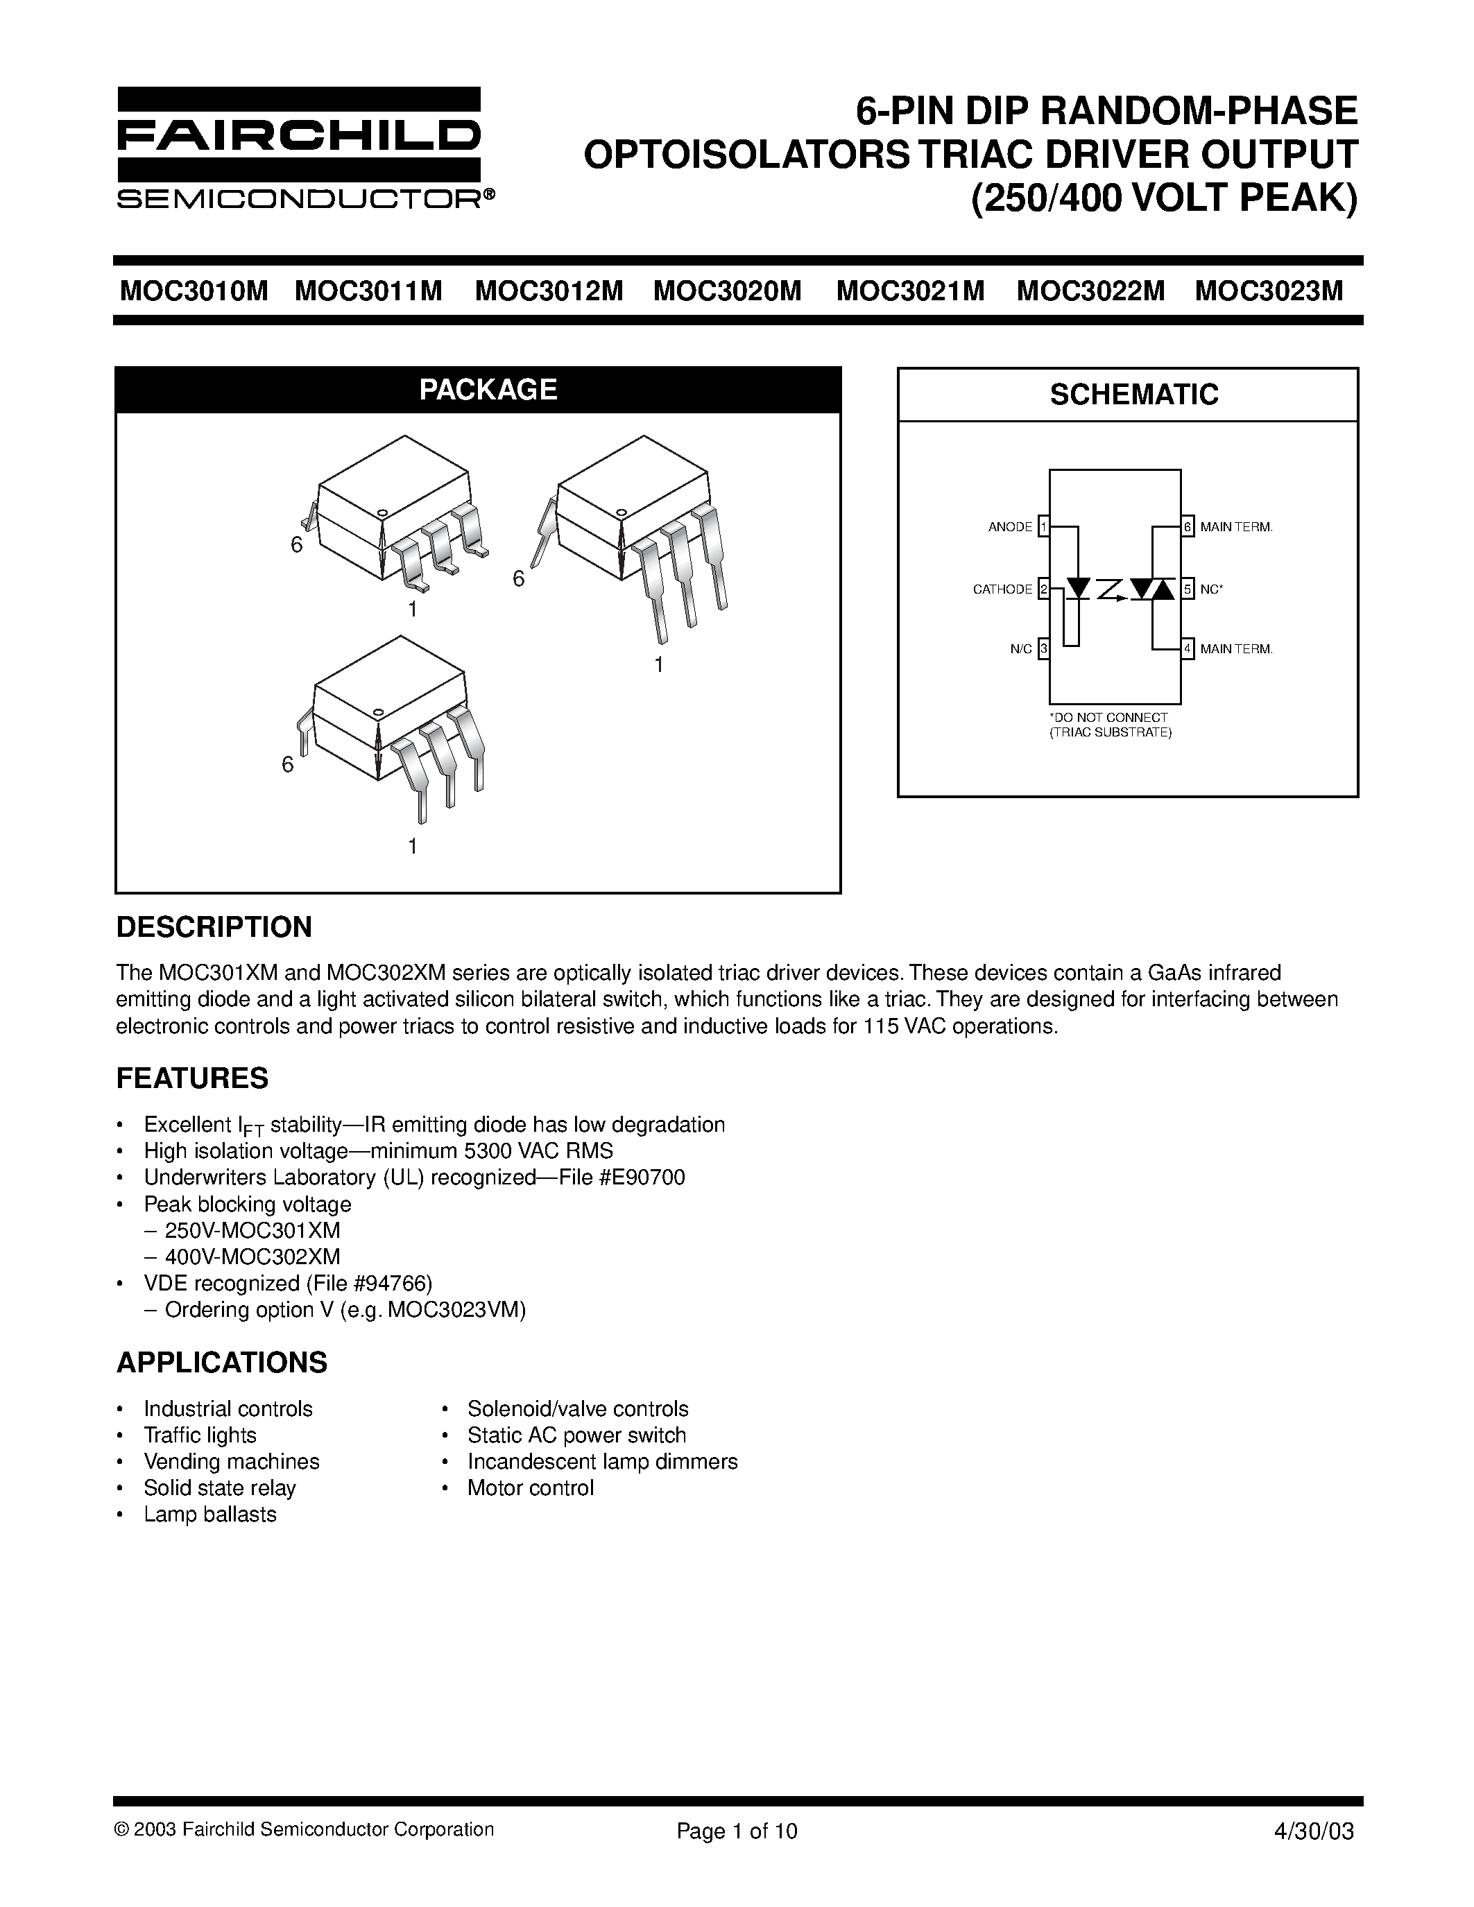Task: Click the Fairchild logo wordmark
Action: tap(299, 135)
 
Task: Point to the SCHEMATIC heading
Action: tap(1133, 395)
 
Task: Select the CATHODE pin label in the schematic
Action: tap(1002, 589)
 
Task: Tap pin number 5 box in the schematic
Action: tap(1188, 589)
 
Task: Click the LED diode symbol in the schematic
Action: tap(1079, 589)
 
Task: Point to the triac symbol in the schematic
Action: tap(1151, 589)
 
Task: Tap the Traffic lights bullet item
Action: tap(200, 1435)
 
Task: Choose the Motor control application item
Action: tap(530, 1488)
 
